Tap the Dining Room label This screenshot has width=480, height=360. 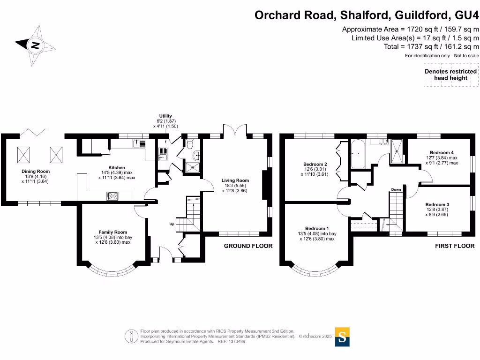point(35,172)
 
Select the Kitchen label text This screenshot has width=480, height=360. point(117,167)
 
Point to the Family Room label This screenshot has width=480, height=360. point(112,232)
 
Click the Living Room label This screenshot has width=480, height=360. point(235,180)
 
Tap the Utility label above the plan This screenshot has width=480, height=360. point(165,116)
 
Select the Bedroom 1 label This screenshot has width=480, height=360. point(317,228)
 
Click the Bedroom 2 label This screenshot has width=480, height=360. point(315,164)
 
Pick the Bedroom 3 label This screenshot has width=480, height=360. point(437,205)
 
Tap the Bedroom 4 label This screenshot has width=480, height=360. point(442,153)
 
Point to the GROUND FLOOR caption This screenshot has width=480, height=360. point(248,246)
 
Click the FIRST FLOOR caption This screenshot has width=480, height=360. point(454,246)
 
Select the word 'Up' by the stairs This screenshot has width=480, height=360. point(172,225)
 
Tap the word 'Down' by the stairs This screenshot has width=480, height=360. point(396,190)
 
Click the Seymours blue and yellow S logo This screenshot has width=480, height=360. point(342,337)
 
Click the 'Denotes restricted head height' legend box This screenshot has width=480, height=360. point(450,75)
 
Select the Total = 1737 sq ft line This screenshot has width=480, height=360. point(431,46)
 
